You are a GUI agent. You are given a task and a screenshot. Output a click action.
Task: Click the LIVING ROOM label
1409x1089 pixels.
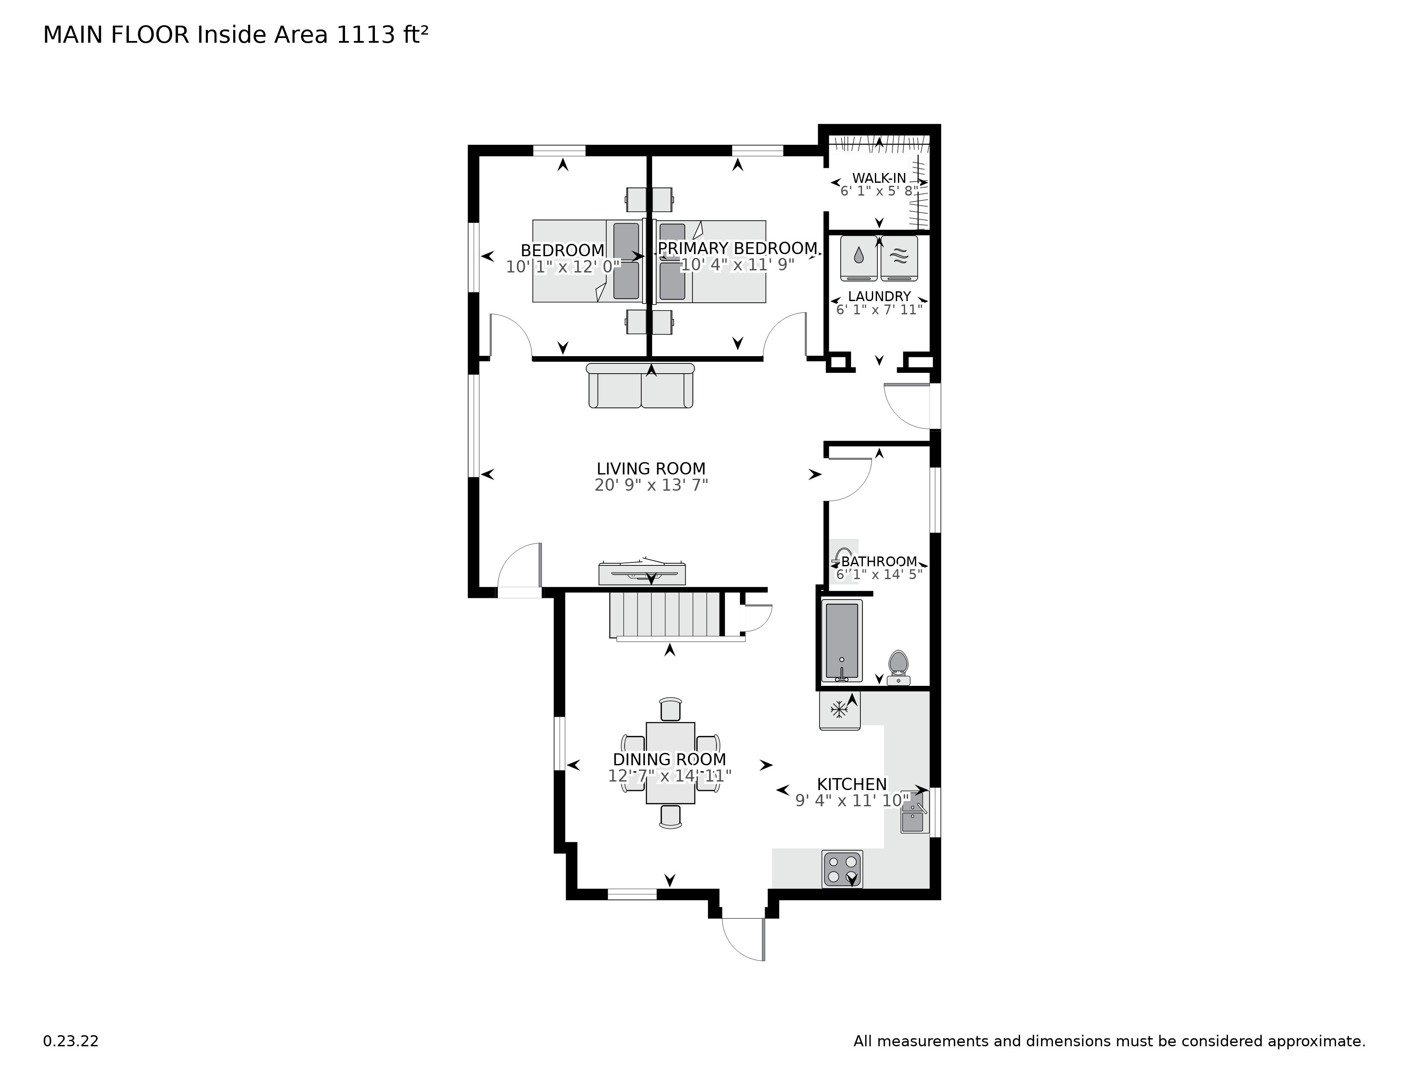coord(651,468)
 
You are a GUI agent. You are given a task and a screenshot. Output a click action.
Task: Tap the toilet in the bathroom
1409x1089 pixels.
coord(898,668)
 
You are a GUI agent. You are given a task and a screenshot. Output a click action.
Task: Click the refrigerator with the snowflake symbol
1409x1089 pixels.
coord(839,710)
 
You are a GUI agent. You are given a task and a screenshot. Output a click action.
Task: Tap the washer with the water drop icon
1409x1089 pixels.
coord(859,258)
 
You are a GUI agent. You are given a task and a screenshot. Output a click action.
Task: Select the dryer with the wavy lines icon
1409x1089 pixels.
coord(899,258)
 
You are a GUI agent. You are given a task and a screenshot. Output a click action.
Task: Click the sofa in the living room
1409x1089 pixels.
coord(640,386)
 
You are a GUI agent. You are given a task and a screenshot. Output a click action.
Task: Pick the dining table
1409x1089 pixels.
coord(670,763)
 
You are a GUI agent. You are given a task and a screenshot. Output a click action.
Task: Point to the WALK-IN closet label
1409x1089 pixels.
coord(879,178)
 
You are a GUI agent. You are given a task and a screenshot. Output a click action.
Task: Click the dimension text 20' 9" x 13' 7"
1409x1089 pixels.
coord(651,485)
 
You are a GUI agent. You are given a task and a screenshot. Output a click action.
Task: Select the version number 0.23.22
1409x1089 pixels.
coord(71,1041)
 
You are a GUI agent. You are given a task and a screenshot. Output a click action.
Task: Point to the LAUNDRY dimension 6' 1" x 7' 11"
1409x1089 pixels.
coord(879,309)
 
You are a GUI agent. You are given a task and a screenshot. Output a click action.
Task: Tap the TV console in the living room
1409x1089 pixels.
coord(642,573)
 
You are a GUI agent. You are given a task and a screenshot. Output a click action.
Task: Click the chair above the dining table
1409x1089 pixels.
coord(671,709)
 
